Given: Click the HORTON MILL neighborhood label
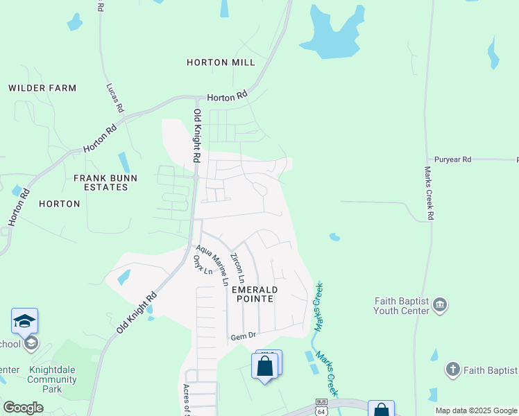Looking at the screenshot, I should tap(221, 62).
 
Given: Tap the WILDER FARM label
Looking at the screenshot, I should tap(42, 88).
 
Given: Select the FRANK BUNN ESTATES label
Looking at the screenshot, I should tap(105, 183).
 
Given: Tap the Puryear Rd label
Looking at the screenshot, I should tap(452, 159).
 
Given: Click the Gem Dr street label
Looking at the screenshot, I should tap(244, 336).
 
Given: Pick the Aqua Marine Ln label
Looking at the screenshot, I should tap(212, 265).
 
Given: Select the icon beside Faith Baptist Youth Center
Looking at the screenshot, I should tap(440, 305).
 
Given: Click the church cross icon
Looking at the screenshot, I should tap(453, 370).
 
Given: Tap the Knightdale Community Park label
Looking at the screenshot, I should tap(52, 379).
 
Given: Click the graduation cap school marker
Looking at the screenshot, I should tap(24, 321).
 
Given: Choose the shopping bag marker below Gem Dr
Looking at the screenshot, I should tap(265, 365).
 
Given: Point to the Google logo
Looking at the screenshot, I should tap(23, 408).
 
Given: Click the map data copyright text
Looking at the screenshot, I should tap(475, 410).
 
